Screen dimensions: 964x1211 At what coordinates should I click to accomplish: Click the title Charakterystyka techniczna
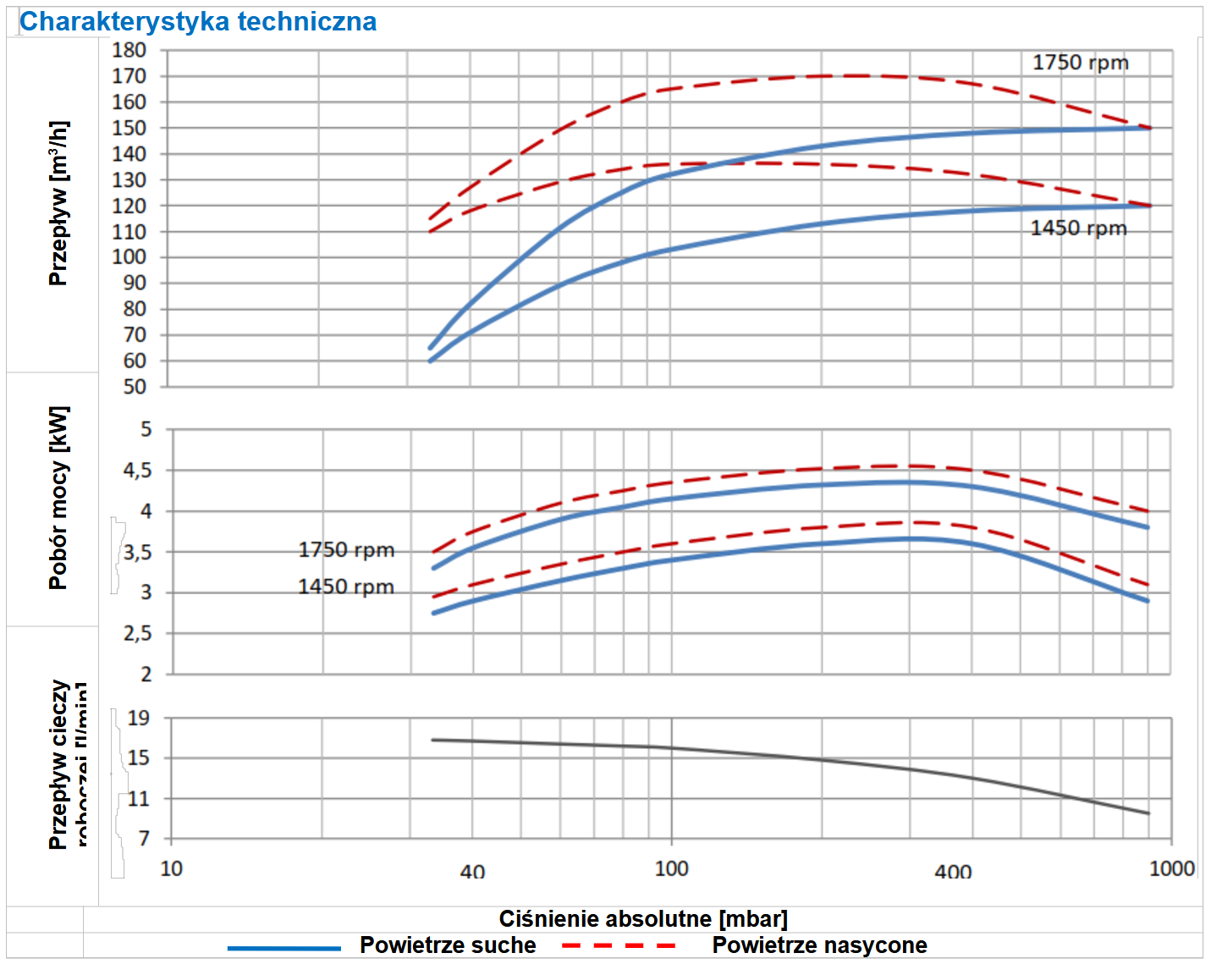198,21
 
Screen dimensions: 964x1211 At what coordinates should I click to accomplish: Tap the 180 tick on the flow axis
129,50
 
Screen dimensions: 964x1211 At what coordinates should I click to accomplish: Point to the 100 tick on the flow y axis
129,257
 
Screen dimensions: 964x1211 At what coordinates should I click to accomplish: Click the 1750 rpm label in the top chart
1080,63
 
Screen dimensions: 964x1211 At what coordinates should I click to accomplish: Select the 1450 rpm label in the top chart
1078,229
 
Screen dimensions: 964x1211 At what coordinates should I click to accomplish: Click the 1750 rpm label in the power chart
346,550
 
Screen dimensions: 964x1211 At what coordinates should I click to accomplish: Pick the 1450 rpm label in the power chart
346,587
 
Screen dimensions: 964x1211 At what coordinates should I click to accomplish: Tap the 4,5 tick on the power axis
138,471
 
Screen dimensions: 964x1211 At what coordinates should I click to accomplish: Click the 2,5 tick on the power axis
138,634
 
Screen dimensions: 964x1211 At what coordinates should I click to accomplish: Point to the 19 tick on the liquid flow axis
139,719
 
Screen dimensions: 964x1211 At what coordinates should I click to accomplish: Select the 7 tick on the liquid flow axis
145,839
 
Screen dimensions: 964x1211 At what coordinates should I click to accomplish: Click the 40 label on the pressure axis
472,872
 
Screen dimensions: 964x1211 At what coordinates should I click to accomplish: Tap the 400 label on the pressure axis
953,872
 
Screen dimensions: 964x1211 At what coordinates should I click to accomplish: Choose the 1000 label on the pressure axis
1171,868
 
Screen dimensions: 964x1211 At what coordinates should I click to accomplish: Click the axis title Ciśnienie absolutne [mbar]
643,919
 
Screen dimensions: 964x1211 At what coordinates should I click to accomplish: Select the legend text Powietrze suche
448,945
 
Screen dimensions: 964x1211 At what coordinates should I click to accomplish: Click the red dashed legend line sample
619,945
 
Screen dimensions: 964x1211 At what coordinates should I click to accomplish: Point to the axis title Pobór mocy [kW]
58,498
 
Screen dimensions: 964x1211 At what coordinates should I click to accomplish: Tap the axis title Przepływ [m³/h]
58,203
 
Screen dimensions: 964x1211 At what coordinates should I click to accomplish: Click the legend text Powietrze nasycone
819,945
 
